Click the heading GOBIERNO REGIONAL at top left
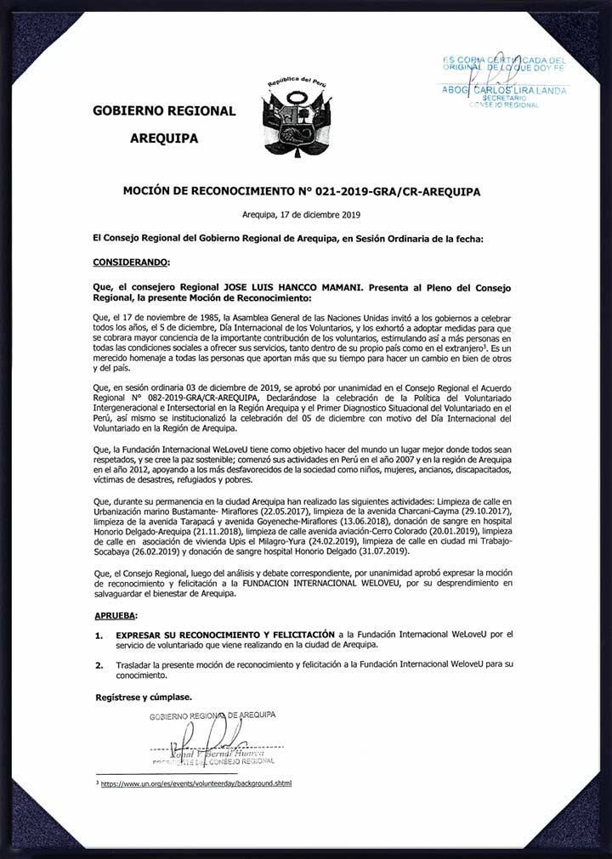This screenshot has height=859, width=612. pos(164,110)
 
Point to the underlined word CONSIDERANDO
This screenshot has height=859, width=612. pos(132,262)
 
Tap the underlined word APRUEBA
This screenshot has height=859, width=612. pos(116,613)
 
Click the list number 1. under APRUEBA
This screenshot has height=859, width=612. pos(99,635)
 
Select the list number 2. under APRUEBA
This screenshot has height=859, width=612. pos(99,667)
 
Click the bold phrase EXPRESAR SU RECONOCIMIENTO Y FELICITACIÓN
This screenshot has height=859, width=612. pos(225,635)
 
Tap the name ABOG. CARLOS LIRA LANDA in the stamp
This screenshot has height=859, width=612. pos(504,89)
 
